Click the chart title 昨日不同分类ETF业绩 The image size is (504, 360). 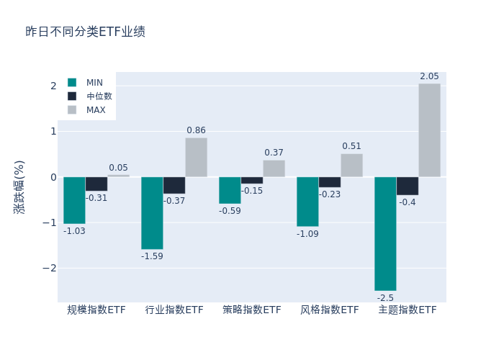[x=85, y=32]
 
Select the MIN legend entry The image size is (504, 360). [x=94, y=83]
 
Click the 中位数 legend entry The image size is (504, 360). [x=99, y=96]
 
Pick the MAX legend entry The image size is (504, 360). [x=96, y=110]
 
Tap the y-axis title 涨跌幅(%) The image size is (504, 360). [x=19, y=186]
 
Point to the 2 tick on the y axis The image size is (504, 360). [x=53, y=86]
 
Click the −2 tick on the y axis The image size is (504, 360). [x=50, y=268]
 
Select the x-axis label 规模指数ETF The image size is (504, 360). [x=96, y=310]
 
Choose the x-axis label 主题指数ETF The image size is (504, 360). [x=408, y=310]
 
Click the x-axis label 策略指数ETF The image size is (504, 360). [x=252, y=310]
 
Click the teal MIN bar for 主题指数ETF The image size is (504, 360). [x=385, y=233]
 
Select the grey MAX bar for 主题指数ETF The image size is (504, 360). [x=429, y=130]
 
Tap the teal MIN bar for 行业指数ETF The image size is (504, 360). [x=152, y=213]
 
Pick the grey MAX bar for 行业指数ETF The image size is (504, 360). [x=196, y=157]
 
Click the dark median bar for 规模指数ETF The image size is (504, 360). [x=96, y=184]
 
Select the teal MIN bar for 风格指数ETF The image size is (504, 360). [x=307, y=202]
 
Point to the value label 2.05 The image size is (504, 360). [x=429, y=77]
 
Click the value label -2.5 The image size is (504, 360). [x=385, y=298]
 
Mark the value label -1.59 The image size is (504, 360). [x=152, y=256]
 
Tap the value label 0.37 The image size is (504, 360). [x=274, y=153]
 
